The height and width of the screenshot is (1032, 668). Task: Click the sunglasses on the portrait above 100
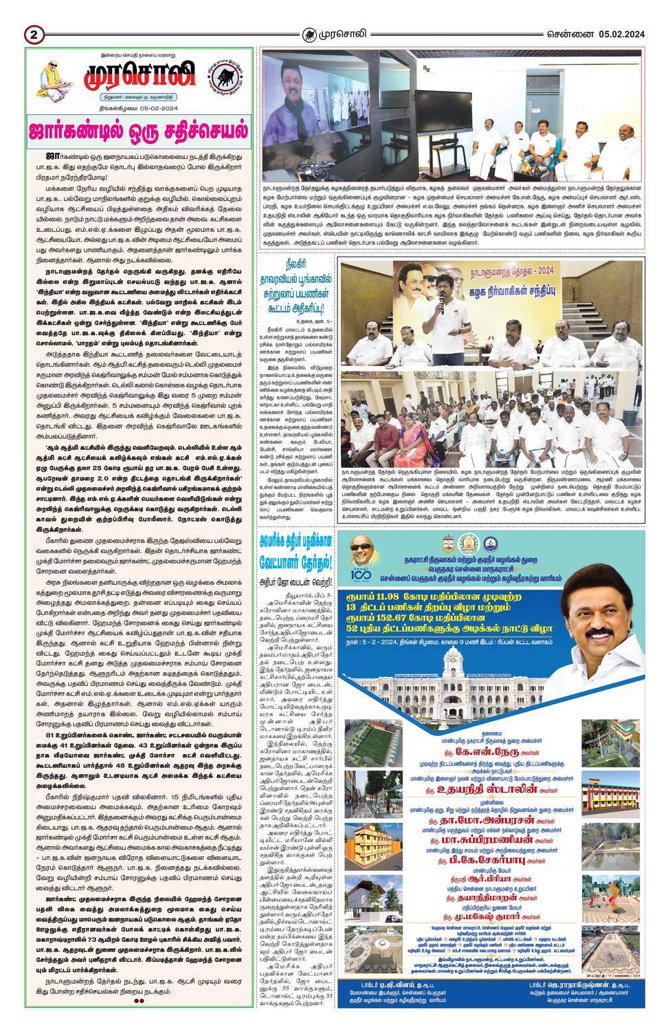coord(360,546)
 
